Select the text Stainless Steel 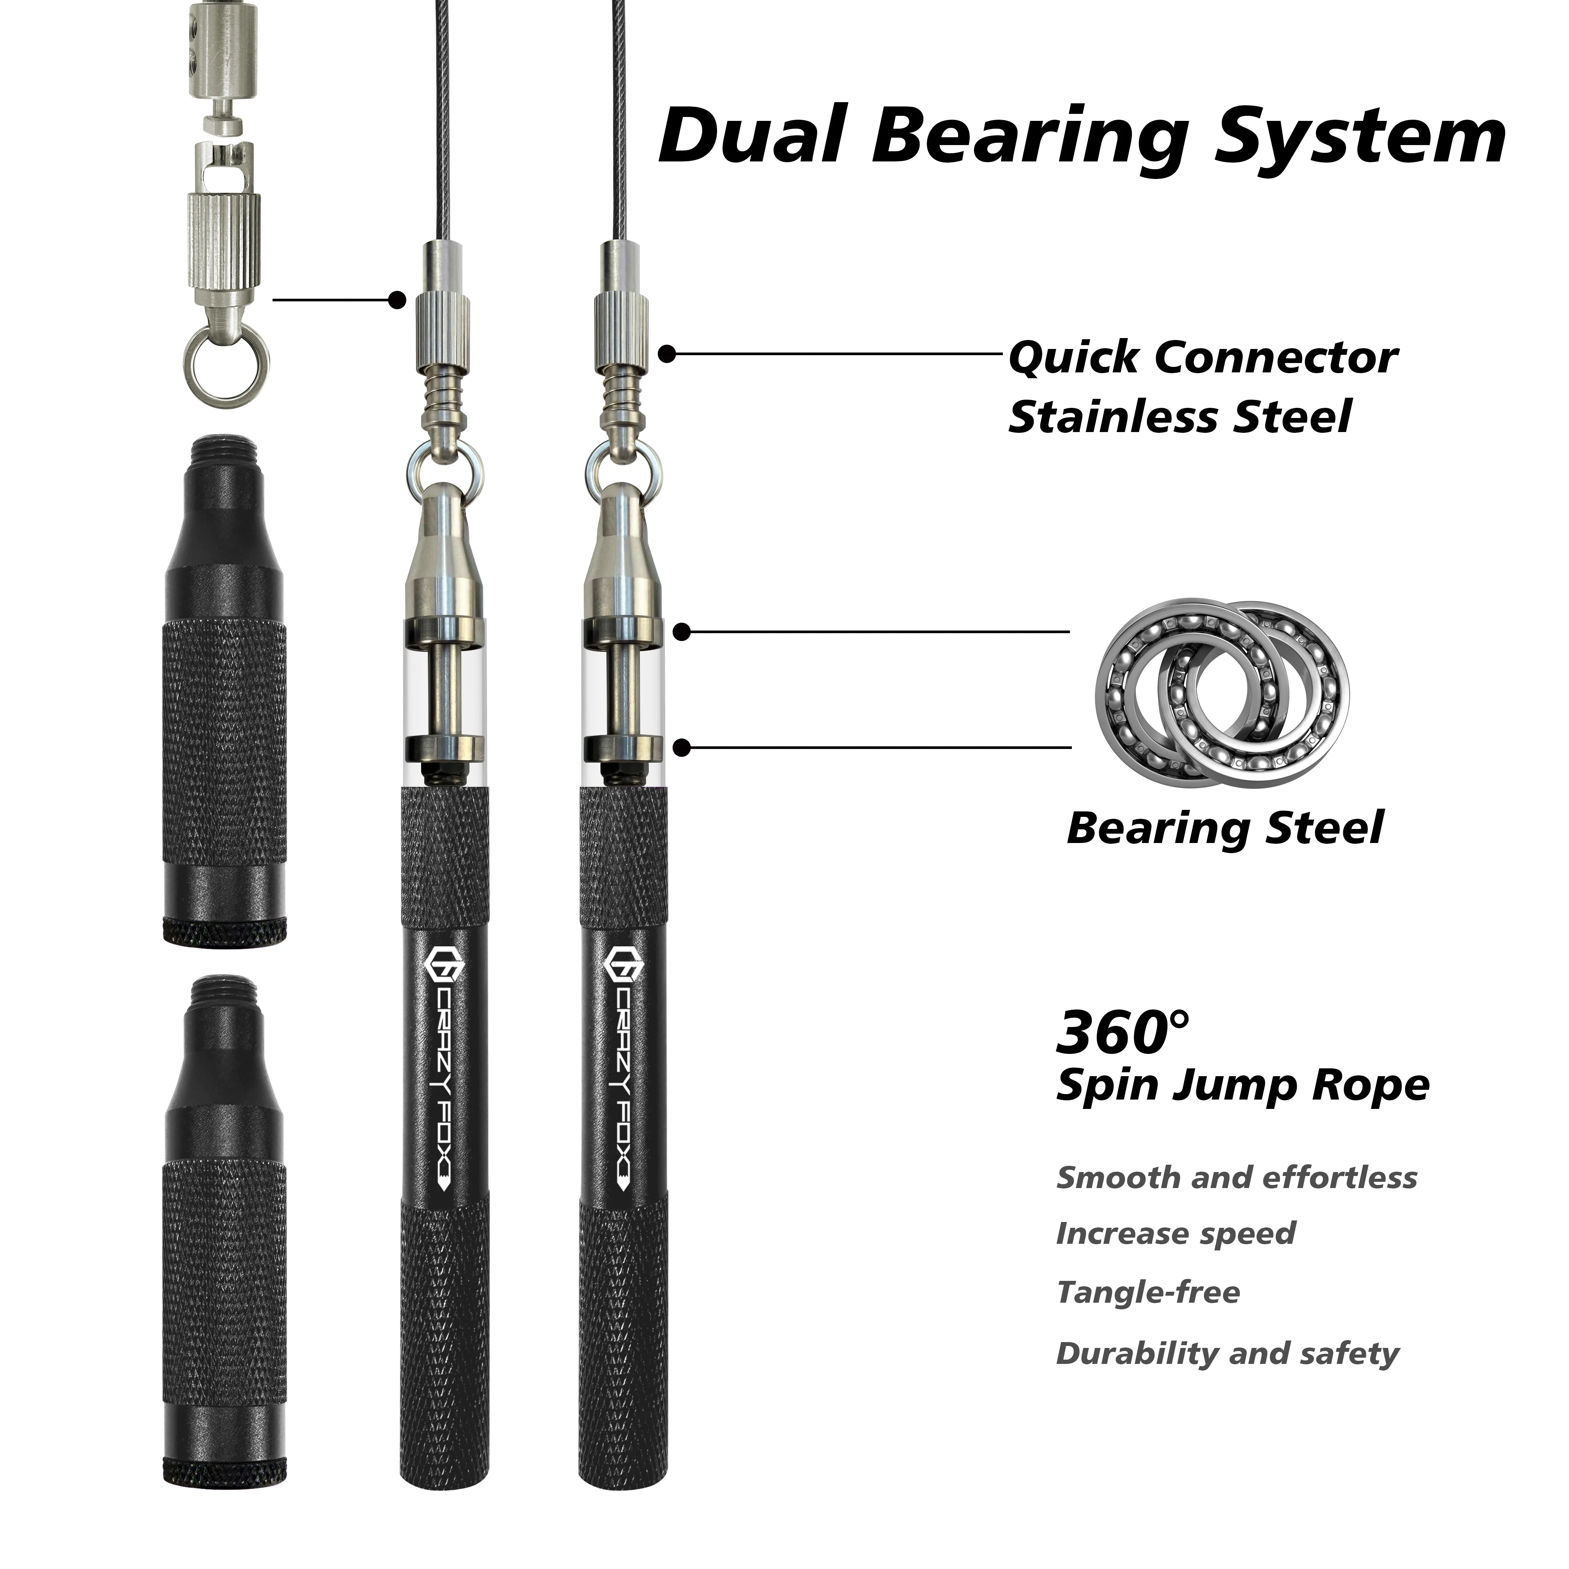tap(1179, 416)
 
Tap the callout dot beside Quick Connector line tap(667, 353)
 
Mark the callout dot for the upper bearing tap(682, 632)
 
